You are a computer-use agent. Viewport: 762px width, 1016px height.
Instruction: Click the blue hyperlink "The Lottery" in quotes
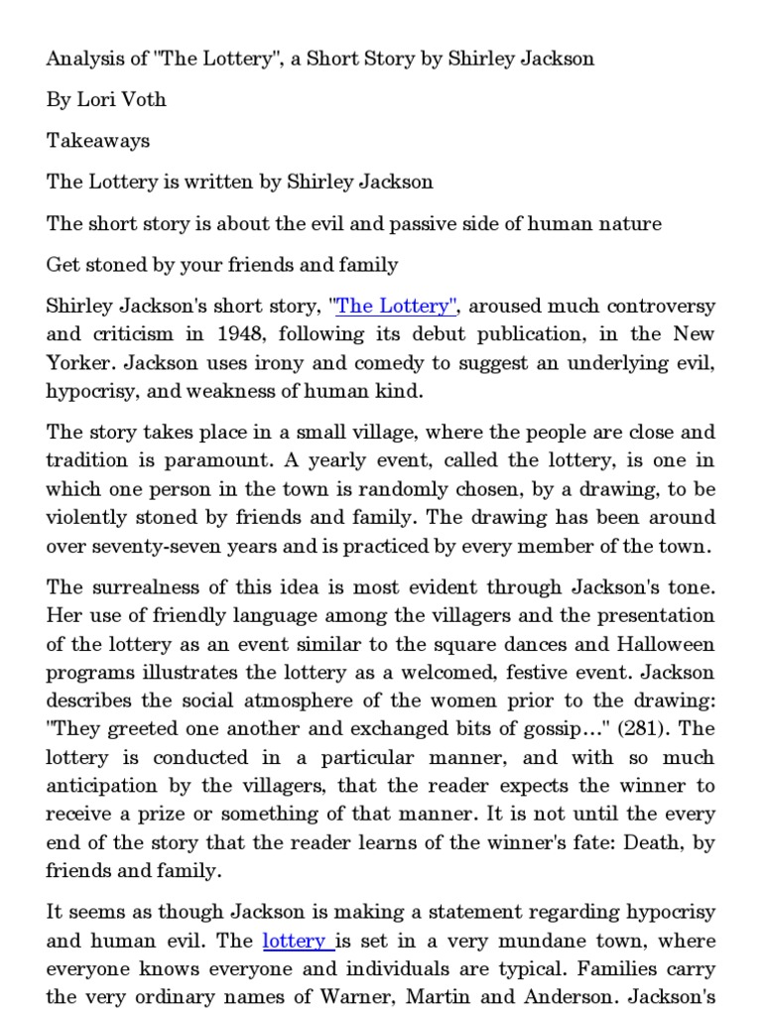398,307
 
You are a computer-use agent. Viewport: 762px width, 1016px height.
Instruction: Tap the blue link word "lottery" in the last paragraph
295,941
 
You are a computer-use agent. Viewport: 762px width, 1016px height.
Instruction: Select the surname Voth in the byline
146,99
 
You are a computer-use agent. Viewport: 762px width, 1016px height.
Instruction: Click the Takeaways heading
98,140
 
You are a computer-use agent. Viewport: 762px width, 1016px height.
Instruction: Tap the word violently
92,517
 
